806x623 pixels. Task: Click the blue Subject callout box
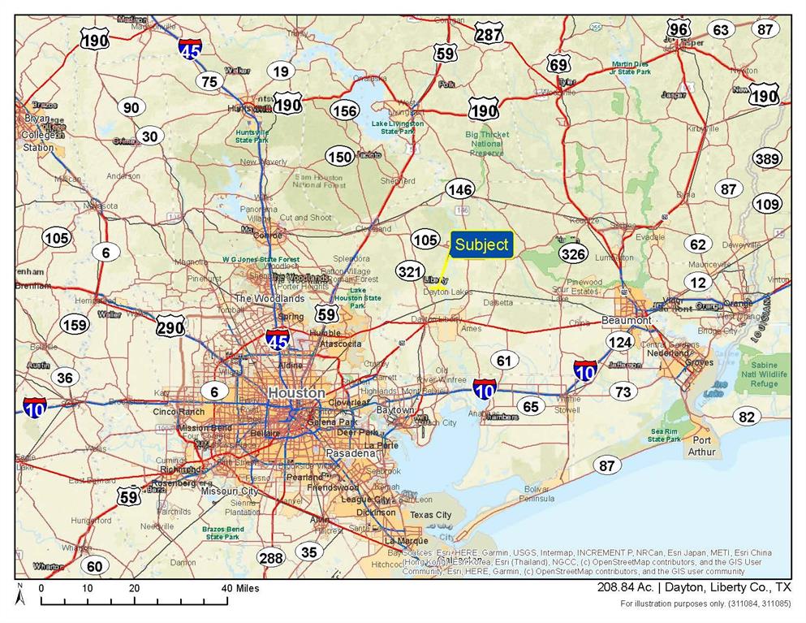[481, 245]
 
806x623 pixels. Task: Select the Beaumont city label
[627, 321]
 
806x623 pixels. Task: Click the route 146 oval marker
[459, 190]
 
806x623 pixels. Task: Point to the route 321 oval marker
[411, 271]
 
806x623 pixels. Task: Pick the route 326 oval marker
[573, 254]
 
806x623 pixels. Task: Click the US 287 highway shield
[489, 34]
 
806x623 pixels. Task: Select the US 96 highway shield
[679, 30]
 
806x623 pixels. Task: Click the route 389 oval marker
[766, 158]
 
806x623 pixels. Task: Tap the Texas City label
[430, 515]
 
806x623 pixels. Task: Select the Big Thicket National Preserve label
[487, 144]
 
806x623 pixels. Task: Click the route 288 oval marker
[271, 558]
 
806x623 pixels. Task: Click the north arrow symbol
[22, 597]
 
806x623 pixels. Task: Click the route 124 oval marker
[620, 342]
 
